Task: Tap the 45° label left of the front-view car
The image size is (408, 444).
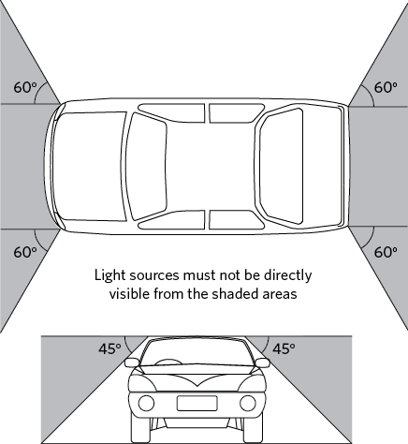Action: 109,348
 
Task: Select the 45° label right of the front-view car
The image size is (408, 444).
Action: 284,348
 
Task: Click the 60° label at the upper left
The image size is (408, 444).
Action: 25,87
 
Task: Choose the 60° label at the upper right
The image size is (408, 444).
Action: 386,87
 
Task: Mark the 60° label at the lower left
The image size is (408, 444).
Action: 25,252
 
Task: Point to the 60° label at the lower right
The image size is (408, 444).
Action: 386,252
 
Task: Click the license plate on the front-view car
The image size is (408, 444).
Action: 197,403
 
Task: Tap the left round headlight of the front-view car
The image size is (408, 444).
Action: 146,403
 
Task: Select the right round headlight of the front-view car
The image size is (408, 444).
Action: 248,403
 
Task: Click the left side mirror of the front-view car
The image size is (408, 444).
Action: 132,363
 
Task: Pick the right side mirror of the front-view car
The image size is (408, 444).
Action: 262,363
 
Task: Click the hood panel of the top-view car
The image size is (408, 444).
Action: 89,166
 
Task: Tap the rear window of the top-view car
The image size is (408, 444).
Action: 282,166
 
